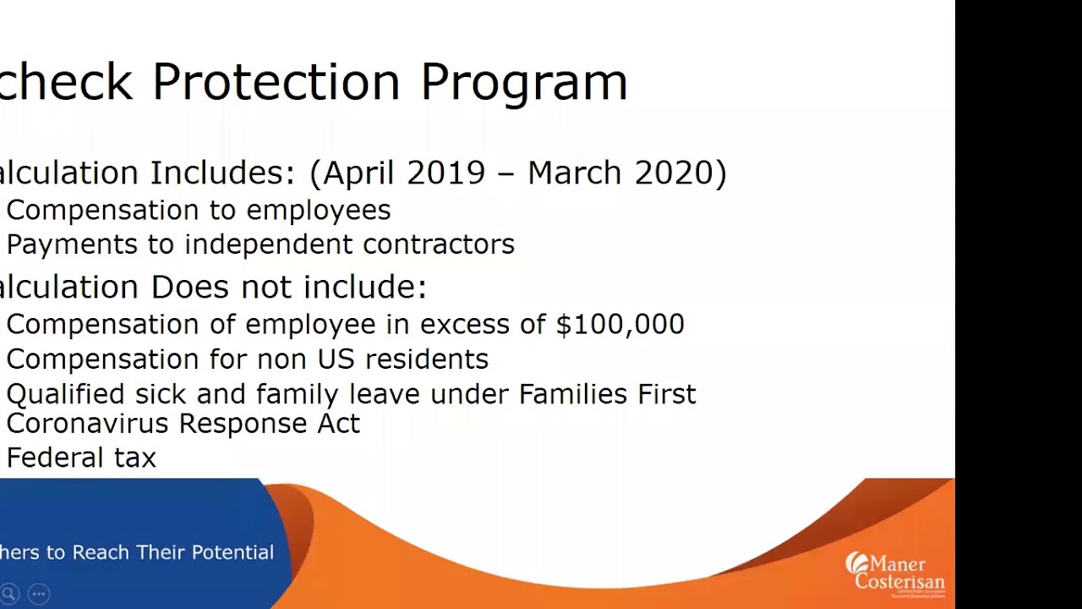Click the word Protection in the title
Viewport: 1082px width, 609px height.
point(276,82)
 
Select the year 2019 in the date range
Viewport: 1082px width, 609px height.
point(445,173)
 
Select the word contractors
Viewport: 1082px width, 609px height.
point(438,244)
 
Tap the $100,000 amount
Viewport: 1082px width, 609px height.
point(620,324)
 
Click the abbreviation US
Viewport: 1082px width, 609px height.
point(335,359)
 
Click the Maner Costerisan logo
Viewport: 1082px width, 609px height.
point(894,574)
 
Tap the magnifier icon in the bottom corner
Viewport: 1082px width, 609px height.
point(9,594)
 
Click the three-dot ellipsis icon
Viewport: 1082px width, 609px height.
point(38,594)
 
